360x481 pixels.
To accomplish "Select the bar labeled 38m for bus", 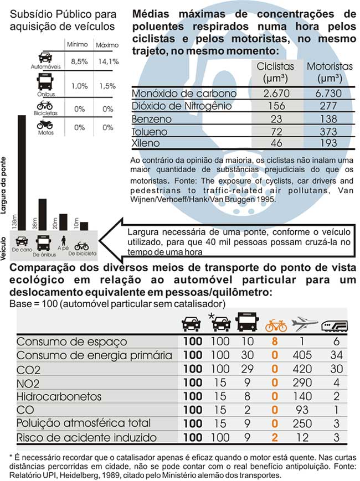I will pos(43,214).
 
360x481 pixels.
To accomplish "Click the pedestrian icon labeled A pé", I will pos(63,242).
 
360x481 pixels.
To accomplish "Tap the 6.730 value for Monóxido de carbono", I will pos(330,94).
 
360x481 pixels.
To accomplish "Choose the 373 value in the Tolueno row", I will pos(330,131).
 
